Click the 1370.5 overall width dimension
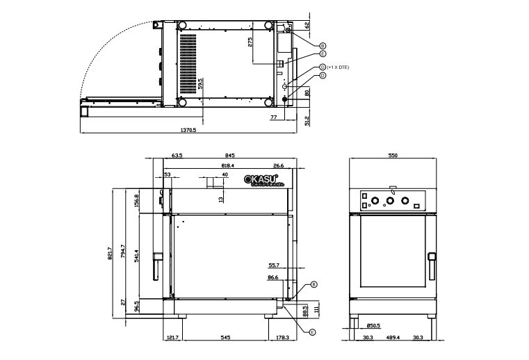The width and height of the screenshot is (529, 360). tap(188, 129)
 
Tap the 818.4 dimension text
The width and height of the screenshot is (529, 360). tap(227, 166)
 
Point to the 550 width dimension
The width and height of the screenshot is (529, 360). tap(393, 156)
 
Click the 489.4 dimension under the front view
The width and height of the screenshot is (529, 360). tap(393, 338)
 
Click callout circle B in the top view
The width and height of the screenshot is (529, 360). tap(323, 44)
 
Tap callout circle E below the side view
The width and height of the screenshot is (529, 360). tap(312, 332)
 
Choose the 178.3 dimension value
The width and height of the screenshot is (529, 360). tap(282, 338)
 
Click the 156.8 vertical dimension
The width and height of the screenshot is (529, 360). tap(137, 201)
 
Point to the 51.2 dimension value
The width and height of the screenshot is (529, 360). tap(307, 120)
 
